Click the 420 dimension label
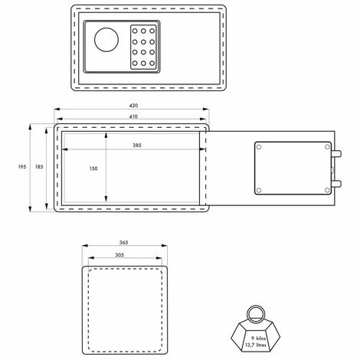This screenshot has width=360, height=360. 133,105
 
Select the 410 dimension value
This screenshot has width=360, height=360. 133,116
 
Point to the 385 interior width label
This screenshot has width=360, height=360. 137,145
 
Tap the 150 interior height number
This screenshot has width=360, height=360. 93,169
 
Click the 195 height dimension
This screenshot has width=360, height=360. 22,167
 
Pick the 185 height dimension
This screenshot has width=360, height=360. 39,167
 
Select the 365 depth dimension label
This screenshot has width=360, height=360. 123,242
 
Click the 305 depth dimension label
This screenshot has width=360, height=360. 119,255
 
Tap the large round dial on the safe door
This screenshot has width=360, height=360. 106,40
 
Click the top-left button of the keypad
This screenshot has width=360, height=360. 135,31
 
